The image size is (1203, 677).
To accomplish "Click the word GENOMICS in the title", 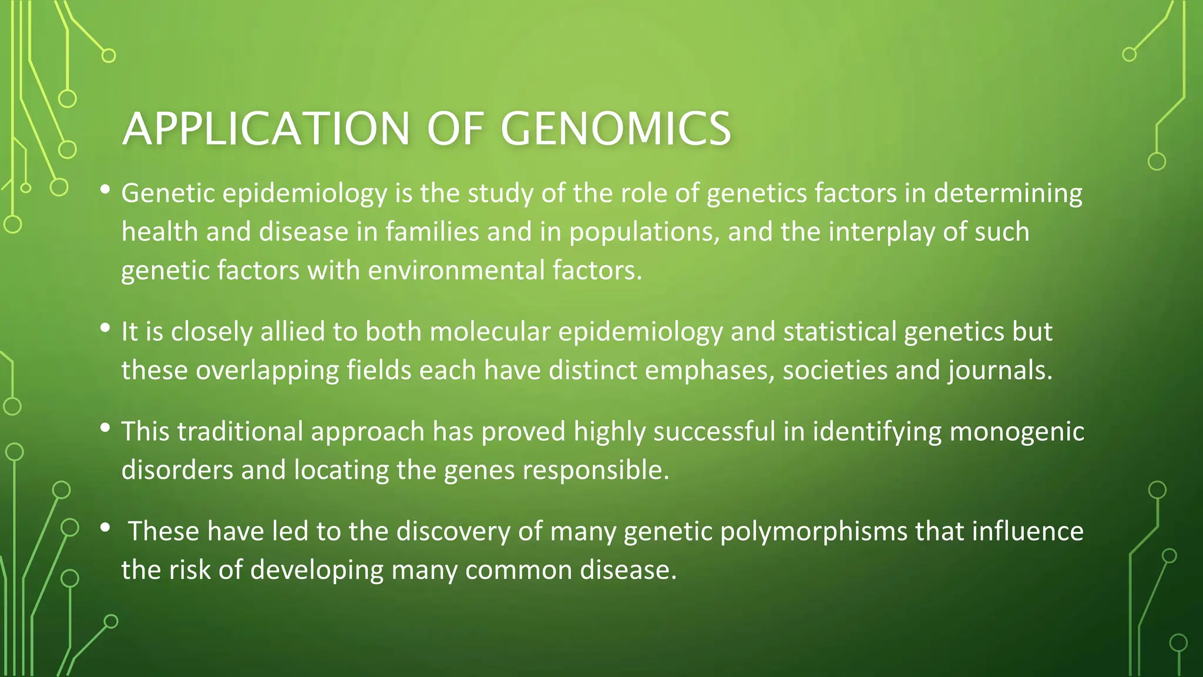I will (x=616, y=129).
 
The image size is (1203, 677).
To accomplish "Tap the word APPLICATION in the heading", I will (x=266, y=129).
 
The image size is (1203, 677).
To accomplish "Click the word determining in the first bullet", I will (x=1008, y=193).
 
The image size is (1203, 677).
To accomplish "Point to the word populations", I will (x=644, y=232).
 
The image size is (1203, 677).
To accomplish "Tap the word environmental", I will (x=456, y=270).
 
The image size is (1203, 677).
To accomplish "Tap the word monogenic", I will (x=1017, y=432).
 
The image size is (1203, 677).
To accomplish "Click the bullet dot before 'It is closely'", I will (x=105, y=328).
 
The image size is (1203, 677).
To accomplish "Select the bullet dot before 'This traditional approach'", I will (x=105, y=428).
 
